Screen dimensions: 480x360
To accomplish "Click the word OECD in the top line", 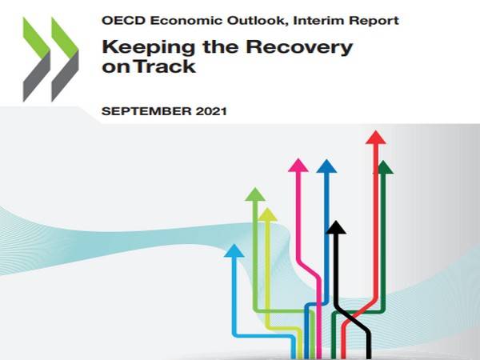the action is [124, 21].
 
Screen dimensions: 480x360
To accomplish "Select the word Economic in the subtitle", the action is [186, 21].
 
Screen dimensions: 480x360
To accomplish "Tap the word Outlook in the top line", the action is [258, 21].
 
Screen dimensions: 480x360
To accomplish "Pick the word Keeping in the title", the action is [149, 47].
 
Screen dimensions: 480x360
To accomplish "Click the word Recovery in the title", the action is [299, 47].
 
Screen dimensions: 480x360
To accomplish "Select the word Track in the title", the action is [165, 66].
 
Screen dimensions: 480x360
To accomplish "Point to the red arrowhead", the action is [376, 137].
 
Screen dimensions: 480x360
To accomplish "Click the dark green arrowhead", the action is [383, 167].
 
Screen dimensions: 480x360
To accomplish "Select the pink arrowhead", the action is [298, 166].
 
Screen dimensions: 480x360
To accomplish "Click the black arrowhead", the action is [336, 227].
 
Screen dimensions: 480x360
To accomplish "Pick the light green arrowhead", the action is [255, 194].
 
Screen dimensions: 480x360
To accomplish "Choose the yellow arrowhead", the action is [267, 214].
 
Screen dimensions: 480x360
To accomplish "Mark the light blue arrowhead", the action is [234, 250].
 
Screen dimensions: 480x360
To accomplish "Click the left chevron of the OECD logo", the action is [37, 59].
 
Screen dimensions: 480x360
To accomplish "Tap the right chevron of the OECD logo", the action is [65, 59].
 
